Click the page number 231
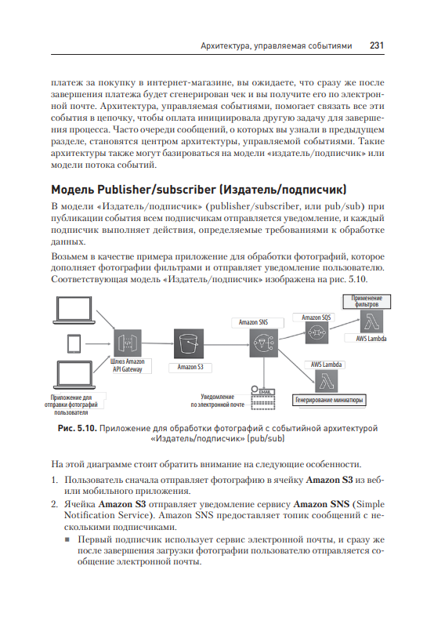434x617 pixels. [x=377, y=45]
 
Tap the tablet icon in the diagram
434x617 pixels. [x=74, y=343]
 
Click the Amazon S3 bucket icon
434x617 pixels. [x=189, y=343]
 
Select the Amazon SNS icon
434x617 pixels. [x=264, y=343]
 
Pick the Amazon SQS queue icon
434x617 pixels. [x=316, y=333]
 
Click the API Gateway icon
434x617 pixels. [x=128, y=343]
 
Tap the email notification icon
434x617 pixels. [x=262, y=397]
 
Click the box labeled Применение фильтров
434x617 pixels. [x=367, y=301]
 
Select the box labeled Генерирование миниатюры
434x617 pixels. [x=329, y=400]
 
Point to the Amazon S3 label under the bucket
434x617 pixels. [x=190, y=367]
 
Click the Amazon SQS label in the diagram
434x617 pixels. [x=316, y=318]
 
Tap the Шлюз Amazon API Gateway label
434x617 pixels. [x=128, y=365]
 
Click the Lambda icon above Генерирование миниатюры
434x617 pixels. [x=327, y=381]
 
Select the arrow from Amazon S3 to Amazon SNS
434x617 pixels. [x=226, y=345]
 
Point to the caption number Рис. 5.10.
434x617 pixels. [x=77, y=428]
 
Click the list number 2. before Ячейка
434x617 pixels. [x=55, y=504]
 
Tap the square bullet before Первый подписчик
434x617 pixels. [x=67, y=539]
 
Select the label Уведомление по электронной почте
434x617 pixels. [x=218, y=401]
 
